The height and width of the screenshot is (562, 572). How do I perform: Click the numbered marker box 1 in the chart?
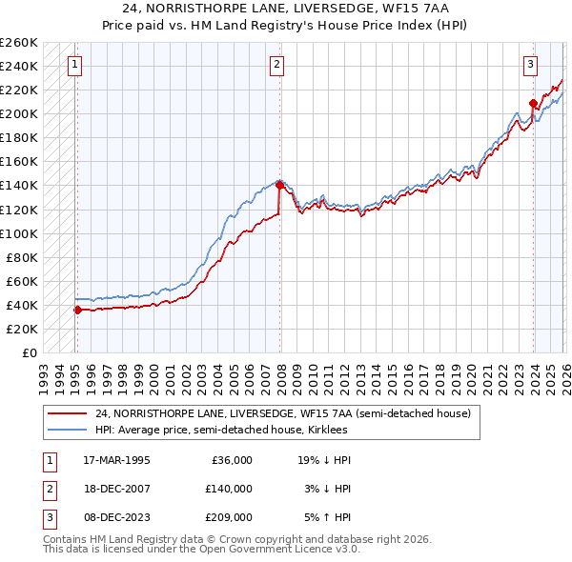point(75,65)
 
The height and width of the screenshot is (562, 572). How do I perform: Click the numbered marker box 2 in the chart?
point(276,65)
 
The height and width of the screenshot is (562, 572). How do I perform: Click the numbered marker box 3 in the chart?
point(529,65)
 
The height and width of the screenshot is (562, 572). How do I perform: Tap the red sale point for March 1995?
point(77,310)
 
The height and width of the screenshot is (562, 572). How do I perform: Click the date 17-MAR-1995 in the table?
point(116,460)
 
